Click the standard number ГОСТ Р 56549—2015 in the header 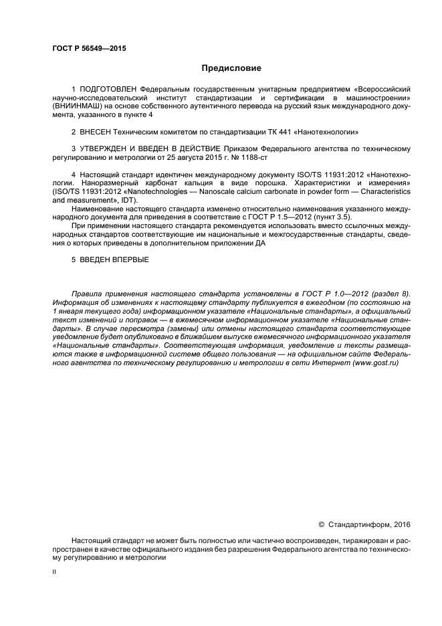[x=88, y=49]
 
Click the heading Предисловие [x=231, y=68]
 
